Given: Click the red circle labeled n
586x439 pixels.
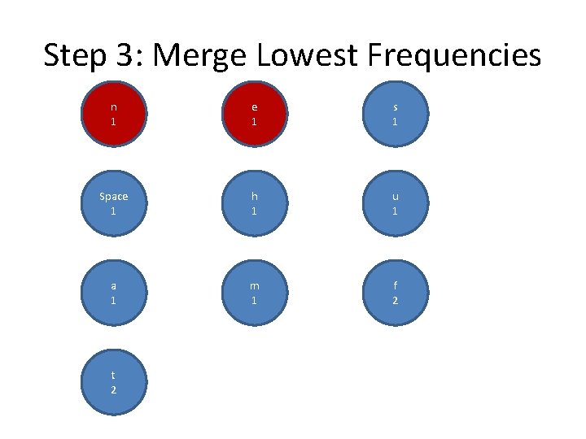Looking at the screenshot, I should click(x=113, y=114).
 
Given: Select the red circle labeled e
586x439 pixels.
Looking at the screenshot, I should click(x=254, y=114).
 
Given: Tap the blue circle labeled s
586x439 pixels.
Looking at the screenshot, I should click(x=395, y=114).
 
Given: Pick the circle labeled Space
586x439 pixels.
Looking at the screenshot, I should click(x=113, y=203).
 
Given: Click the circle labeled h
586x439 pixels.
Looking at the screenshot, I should click(x=254, y=203).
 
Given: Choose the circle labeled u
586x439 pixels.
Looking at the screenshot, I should click(x=395, y=203).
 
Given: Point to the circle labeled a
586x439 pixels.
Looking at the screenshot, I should click(x=113, y=293).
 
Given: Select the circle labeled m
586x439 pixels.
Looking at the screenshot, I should click(x=254, y=293).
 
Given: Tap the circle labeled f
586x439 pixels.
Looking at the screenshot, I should click(x=395, y=293).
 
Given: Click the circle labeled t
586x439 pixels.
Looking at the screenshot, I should click(x=113, y=382).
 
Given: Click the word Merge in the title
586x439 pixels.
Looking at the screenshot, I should click(x=199, y=56).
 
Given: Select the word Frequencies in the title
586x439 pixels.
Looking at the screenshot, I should click(x=454, y=56).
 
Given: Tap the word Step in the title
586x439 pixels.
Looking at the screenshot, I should click(x=74, y=56).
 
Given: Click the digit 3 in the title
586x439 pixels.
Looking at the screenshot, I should click(x=125, y=55).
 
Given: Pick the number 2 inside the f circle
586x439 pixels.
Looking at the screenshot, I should click(x=395, y=301).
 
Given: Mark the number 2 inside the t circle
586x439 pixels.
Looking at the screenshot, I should click(x=113, y=390).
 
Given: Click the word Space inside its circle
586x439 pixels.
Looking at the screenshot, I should click(x=113, y=196).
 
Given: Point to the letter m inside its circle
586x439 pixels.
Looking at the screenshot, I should click(x=254, y=285).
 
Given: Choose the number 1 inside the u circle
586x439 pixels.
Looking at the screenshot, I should click(x=395, y=211).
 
